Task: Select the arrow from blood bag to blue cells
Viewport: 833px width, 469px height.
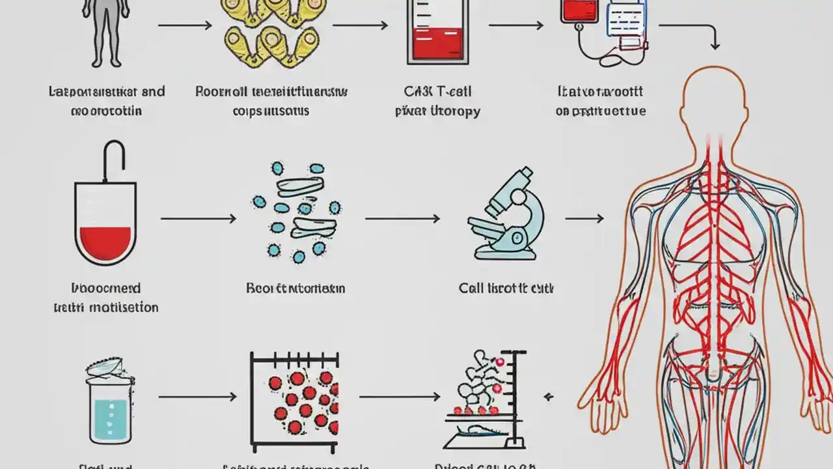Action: point(198,219)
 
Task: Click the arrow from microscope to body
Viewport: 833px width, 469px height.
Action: point(584,219)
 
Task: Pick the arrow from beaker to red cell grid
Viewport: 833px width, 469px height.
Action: point(197,397)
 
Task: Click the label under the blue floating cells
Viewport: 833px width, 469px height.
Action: point(295,288)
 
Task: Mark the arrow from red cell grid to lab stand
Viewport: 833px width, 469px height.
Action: point(400,396)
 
